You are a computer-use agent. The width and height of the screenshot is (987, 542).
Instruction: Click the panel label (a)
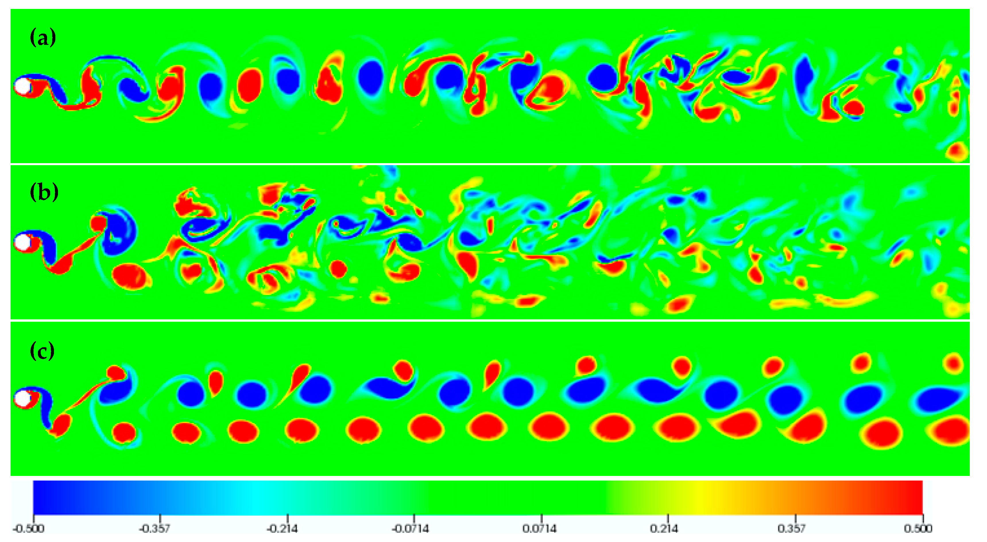43,38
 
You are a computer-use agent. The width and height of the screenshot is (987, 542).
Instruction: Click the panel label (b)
44,192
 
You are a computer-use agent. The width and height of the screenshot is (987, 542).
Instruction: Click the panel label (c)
42,351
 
